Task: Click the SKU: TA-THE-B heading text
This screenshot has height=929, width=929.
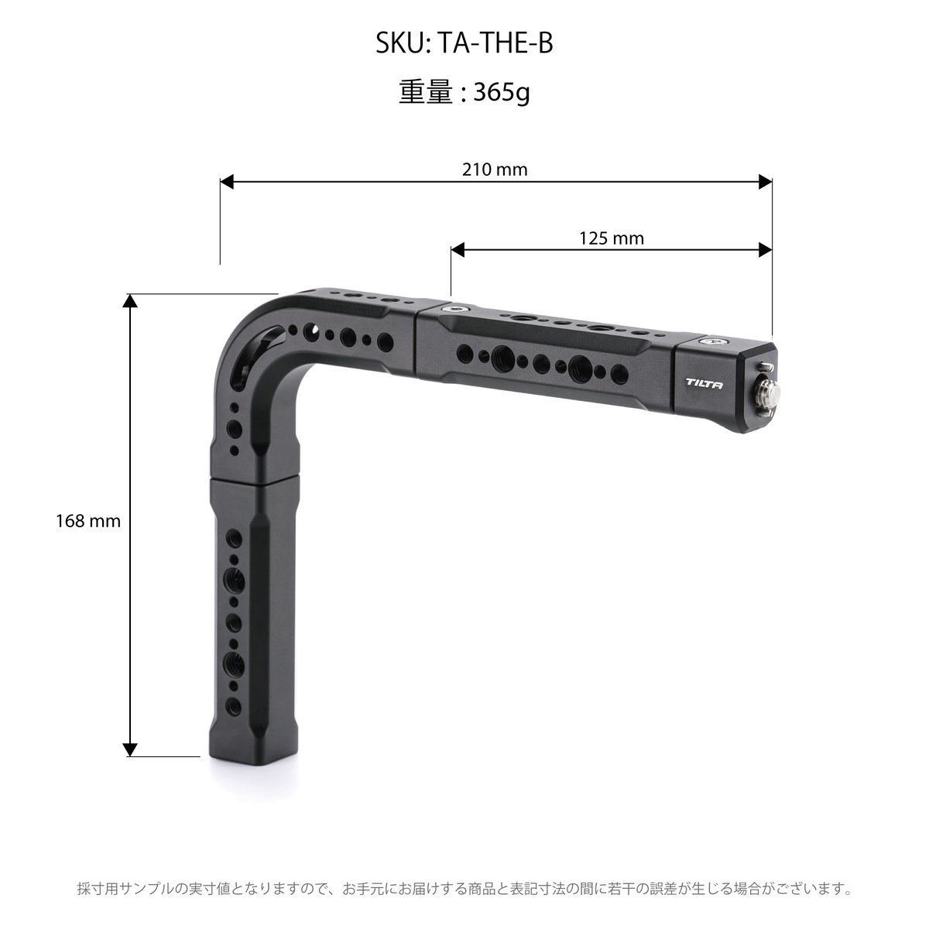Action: click(464, 43)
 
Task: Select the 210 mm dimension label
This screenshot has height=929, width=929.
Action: click(495, 170)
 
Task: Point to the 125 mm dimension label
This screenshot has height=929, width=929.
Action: click(612, 238)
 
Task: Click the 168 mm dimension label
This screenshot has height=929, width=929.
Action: click(88, 521)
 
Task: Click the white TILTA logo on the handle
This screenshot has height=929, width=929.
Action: click(704, 384)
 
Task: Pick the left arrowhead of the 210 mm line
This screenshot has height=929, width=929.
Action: click(227, 182)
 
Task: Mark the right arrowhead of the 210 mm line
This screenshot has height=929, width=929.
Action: click(765, 182)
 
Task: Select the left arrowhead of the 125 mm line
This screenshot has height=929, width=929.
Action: click(458, 250)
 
